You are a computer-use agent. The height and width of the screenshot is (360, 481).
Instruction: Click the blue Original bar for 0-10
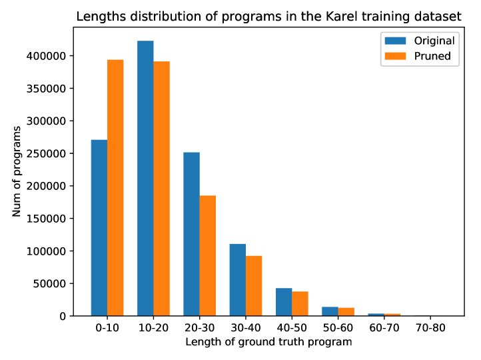[99, 227]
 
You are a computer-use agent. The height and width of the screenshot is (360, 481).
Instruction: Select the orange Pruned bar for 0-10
[115, 187]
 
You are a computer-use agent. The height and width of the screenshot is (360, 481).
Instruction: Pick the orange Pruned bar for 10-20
[161, 188]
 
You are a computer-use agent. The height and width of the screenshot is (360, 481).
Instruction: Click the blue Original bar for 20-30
[191, 234]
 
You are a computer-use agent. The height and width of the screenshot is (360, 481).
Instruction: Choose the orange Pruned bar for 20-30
[207, 255]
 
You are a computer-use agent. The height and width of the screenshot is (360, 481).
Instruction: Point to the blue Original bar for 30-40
[237, 279]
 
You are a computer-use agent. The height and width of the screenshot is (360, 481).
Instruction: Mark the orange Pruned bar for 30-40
[253, 285]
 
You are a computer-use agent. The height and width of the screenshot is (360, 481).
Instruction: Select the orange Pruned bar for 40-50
[300, 303]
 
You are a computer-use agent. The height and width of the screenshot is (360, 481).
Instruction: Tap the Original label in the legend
[434, 41]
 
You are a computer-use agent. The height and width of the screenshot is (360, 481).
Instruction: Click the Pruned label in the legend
[432, 56]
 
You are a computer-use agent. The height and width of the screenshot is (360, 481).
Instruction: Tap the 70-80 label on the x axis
[429, 329]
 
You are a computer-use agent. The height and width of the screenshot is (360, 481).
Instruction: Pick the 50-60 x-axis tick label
[337, 329]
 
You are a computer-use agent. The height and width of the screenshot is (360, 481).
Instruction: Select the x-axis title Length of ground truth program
[268, 342]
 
